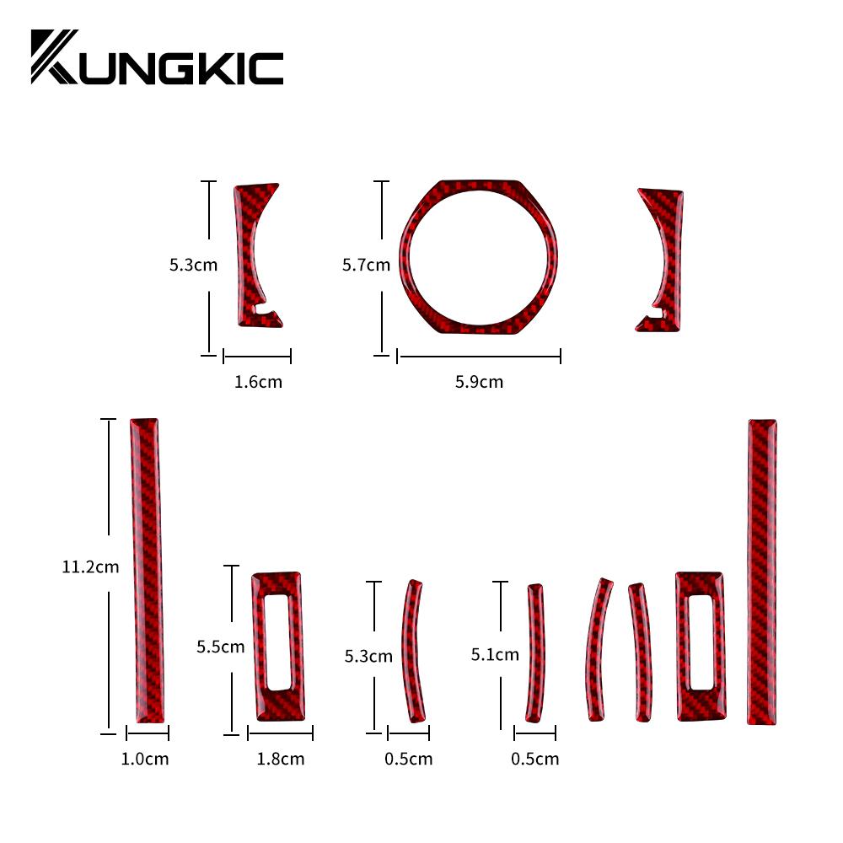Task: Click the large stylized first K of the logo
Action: point(54,57)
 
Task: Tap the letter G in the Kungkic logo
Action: point(176,68)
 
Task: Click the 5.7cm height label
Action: point(366,265)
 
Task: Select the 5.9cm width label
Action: point(479,382)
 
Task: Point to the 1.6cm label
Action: point(258,382)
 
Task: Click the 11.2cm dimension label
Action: point(90,566)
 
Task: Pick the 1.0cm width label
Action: point(145,759)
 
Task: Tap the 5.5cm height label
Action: point(220,647)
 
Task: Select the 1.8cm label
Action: point(280,759)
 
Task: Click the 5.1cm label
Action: point(495,654)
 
